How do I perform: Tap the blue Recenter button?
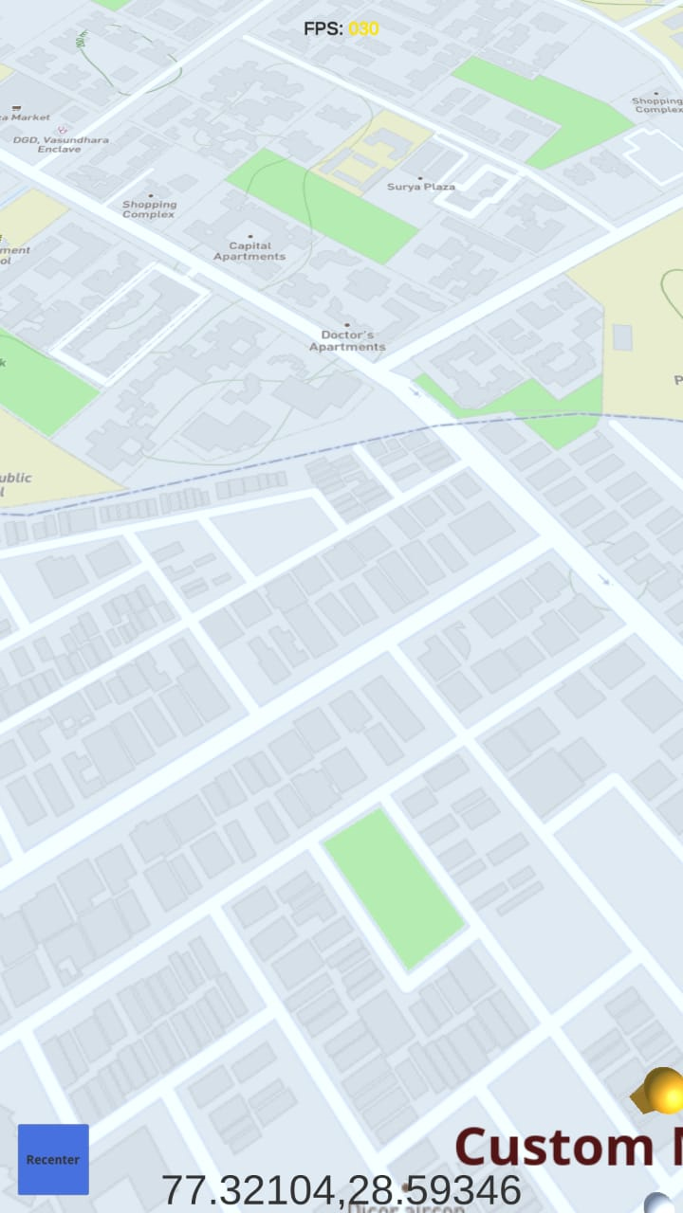click(x=53, y=1159)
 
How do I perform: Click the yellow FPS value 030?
click(x=363, y=28)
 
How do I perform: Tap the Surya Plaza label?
click(x=421, y=187)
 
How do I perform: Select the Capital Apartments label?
click(x=249, y=251)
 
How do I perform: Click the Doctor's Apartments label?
click(x=347, y=341)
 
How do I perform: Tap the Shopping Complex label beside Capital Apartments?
click(x=149, y=209)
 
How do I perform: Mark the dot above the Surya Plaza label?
click(x=422, y=174)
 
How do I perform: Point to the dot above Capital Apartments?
click(x=250, y=236)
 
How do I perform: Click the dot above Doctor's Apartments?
click(x=347, y=325)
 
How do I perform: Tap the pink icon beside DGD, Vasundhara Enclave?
click(x=62, y=128)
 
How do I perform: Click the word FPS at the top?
click(x=323, y=28)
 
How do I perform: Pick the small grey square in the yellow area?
click(x=622, y=336)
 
